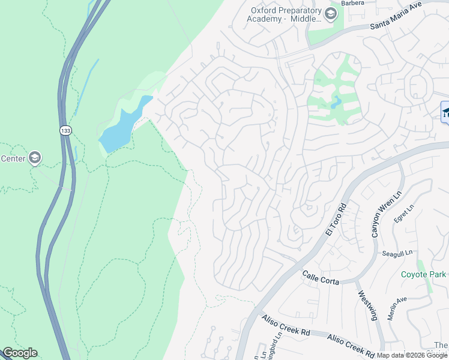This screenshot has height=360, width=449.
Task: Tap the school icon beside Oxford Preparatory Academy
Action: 330,13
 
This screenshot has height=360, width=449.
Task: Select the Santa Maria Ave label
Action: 396,16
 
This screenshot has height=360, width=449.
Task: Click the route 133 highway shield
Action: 65,130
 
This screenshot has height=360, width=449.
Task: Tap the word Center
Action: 13,158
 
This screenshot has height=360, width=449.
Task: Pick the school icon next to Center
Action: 34,158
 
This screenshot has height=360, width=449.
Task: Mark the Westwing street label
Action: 367,306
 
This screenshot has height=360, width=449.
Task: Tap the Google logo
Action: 20,353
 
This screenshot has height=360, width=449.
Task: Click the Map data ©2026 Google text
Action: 412,355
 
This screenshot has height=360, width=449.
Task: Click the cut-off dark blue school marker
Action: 445,112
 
